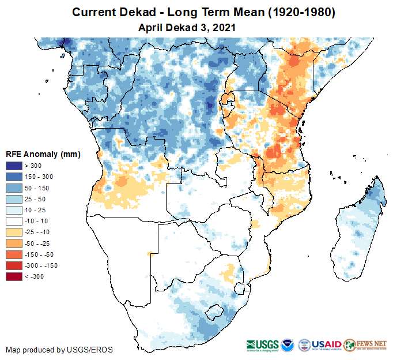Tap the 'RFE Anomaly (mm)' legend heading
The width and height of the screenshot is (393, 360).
pyautogui.click(x=43, y=155)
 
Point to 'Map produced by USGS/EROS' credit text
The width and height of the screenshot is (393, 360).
pyautogui.click(x=59, y=350)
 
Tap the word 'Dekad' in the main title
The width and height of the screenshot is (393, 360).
pyautogui.click(x=135, y=13)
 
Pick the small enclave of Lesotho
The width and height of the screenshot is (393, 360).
pyautogui.click(x=214, y=313)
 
